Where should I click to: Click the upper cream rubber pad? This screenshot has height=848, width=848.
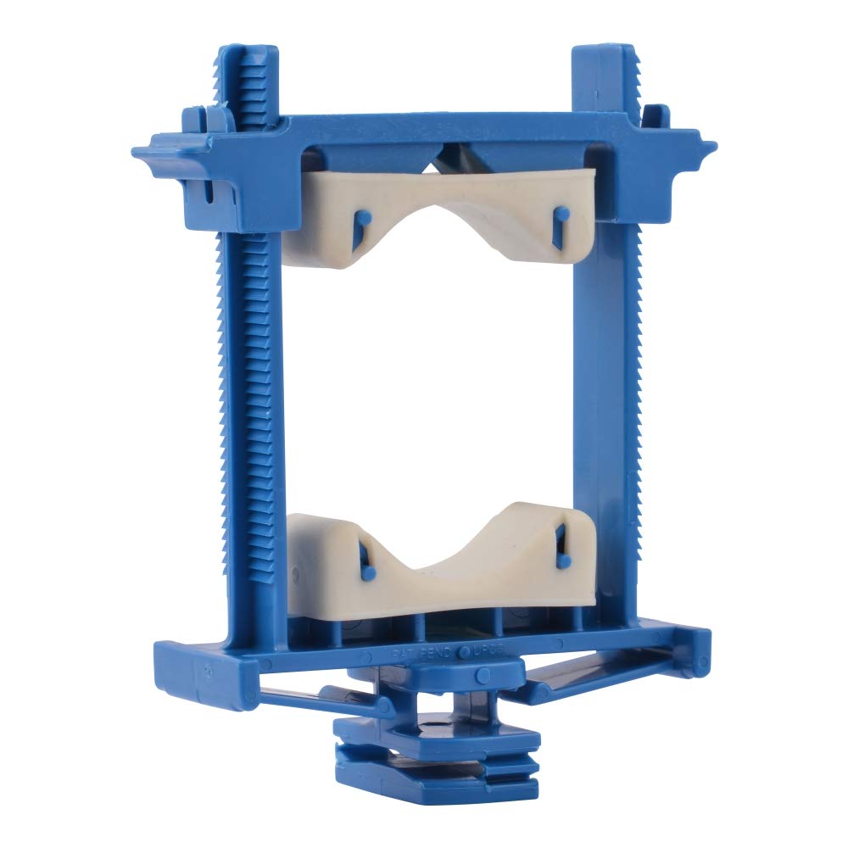pos(441,204)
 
